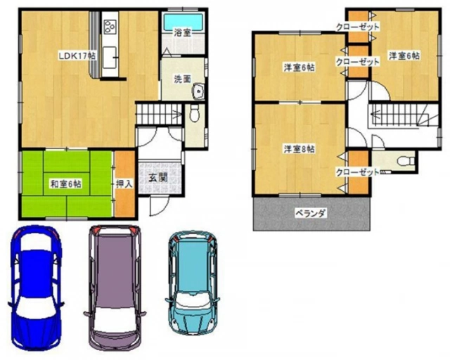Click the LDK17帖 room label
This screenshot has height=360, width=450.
(x=77, y=56)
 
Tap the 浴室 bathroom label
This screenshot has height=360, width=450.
(x=182, y=32)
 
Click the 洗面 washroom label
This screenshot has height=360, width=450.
(x=182, y=79)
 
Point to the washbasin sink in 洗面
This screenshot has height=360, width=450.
(x=198, y=91)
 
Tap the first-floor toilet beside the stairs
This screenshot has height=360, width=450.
(x=195, y=112)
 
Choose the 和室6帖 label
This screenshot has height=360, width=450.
(x=65, y=184)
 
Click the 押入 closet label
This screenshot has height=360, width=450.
(x=124, y=184)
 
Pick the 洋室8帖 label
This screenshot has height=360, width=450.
(x=300, y=149)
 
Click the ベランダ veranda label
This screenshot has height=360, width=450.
(x=311, y=213)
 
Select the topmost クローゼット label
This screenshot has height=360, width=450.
(x=358, y=27)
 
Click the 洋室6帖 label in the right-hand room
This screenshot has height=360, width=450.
(x=404, y=56)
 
